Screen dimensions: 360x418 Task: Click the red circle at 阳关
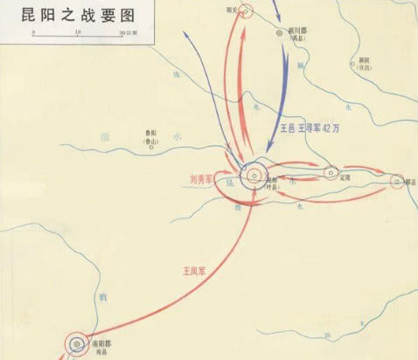tap(247, 11)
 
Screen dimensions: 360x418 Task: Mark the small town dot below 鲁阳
tap(150, 146)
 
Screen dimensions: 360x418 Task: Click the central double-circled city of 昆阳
tap(254, 174)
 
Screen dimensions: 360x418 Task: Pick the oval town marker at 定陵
tap(331, 172)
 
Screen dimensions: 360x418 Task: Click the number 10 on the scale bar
tap(78, 31)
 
